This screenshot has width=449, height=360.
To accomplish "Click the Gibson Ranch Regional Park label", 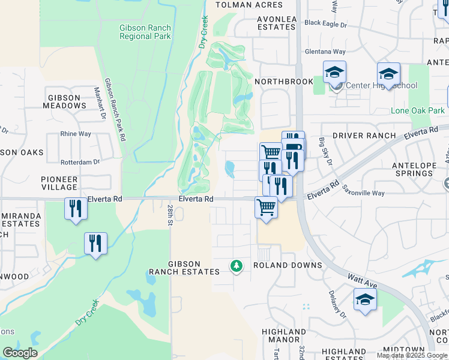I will (x=145, y=32).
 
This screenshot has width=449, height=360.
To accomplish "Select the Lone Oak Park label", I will (x=418, y=110).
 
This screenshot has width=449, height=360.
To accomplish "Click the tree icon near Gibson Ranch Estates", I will (x=237, y=265).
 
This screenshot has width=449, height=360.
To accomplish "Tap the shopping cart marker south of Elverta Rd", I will (x=266, y=208).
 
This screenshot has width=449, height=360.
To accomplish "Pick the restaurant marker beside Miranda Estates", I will (x=75, y=209).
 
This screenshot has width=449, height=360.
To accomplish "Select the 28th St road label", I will (x=170, y=212).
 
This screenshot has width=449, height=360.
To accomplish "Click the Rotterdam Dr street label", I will (x=80, y=162).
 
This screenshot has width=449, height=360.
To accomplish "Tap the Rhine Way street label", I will (x=76, y=134).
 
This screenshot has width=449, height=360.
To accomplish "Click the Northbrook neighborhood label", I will (x=284, y=82).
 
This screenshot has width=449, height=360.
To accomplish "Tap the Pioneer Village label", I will (x=59, y=183).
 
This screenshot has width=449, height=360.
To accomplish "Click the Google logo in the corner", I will (x=20, y=353).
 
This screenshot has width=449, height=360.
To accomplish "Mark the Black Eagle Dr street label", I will (x=326, y=23).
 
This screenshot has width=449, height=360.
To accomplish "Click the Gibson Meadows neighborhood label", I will (x=64, y=101).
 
